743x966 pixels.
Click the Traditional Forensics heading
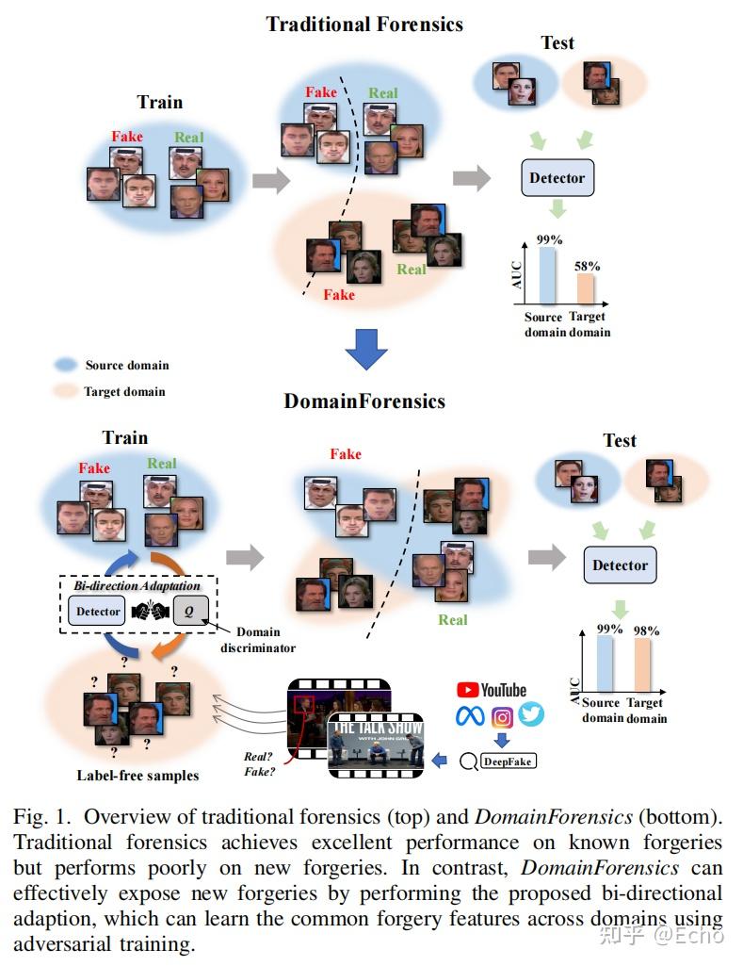[364, 25]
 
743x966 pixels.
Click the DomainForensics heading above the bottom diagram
[364, 401]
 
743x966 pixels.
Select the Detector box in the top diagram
[557, 178]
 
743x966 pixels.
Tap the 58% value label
[588, 266]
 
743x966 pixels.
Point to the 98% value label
[646, 630]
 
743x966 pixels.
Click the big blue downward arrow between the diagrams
[365, 349]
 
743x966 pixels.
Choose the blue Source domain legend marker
[66, 365]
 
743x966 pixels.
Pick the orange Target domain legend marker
[66, 391]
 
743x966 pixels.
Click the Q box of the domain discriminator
[189, 612]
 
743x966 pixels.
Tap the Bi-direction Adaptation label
[137, 586]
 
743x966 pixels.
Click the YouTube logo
[492, 691]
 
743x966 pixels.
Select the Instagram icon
[501, 716]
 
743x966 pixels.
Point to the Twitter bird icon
[531, 715]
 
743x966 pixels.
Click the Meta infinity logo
[470, 716]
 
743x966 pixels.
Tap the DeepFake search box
[509, 760]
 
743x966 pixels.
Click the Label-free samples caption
[137, 776]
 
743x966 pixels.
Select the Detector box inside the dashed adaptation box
[99, 612]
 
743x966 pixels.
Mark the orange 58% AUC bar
[587, 287]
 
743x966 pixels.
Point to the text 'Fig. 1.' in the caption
[42, 816]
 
